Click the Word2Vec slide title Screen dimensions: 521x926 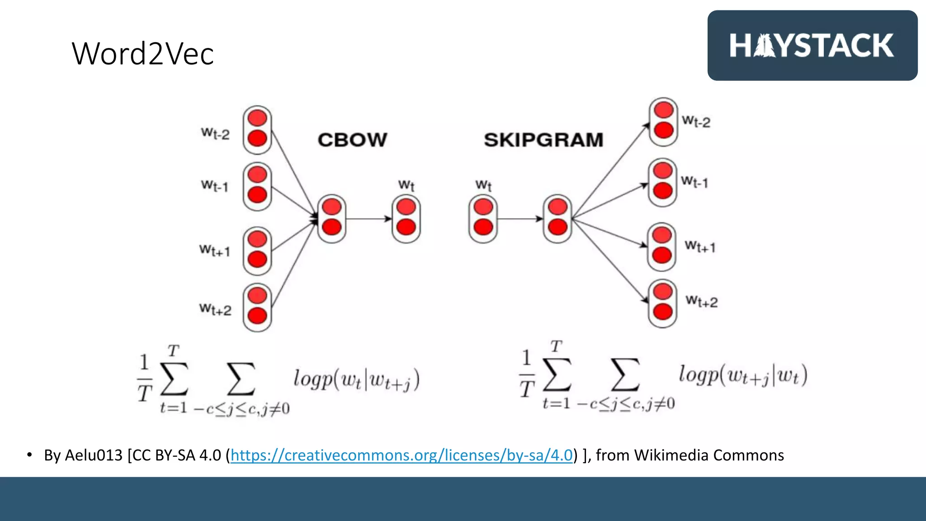pos(142,53)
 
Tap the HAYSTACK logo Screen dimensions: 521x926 pos(812,46)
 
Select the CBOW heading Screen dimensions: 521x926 pos(352,140)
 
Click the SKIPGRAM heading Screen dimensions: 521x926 pos(543,140)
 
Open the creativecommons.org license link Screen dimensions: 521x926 pos(402,455)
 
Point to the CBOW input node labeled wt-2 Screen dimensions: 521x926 pos(257,130)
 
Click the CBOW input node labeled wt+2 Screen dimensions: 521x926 pos(257,308)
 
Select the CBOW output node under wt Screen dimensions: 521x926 pos(406,218)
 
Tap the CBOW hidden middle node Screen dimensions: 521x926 pos(332,218)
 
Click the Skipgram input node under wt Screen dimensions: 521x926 pos(483,218)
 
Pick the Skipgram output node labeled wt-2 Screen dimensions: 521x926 pos(663,121)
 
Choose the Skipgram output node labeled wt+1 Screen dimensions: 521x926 pos(662,246)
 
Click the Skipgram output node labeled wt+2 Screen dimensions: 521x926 pos(663,303)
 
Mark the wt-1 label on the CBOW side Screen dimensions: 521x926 pos(215,186)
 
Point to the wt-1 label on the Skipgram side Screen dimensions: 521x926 pos(694,182)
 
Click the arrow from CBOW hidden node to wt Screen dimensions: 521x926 pos(369,219)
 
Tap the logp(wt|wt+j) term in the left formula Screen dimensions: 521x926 pos(356,379)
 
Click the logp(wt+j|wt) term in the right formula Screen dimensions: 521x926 pos(742,375)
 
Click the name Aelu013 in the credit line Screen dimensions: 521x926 pos(94,455)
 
